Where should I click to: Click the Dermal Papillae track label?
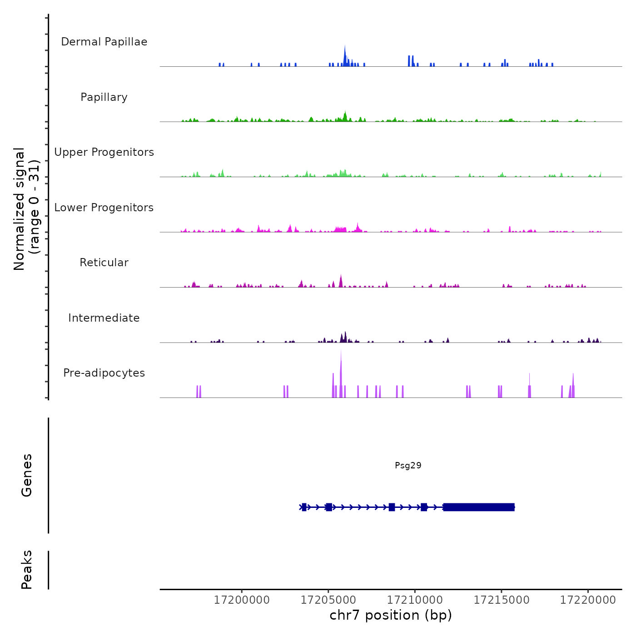point(104,42)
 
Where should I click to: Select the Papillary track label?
point(104,97)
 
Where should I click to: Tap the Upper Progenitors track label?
point(104,152)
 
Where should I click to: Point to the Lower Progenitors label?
point(104,208)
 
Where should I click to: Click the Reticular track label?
point(104,263)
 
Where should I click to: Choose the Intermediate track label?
point(104,318)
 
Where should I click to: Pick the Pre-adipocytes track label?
point(104,373)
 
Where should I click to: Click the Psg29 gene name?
point(408,466)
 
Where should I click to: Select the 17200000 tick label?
point(242,600)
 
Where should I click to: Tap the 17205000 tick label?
point(328,600)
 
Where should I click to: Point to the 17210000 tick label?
point(415,600)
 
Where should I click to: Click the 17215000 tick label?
point(502,600)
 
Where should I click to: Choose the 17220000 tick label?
point(588,600)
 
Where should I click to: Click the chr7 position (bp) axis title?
point(391,616)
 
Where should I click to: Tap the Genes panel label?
point(26,475)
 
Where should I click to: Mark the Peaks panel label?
point(26,570)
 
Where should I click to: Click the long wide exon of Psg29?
point(479,507)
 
